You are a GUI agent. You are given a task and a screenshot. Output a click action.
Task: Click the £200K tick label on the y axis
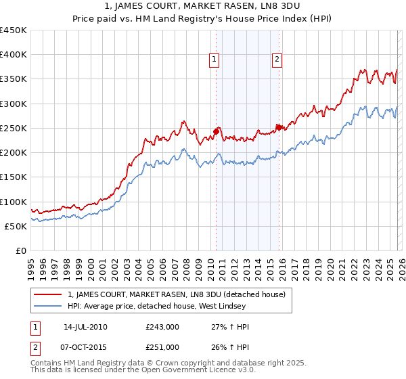point(14,153)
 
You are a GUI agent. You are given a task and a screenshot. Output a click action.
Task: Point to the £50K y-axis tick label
point(16,226)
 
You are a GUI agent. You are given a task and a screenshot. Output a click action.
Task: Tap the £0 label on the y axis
point(22,250)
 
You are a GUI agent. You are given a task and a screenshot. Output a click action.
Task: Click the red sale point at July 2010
point(217,131)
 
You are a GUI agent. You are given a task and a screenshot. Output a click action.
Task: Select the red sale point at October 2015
point(279,127)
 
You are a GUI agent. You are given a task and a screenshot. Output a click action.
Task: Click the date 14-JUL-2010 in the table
point(85,327)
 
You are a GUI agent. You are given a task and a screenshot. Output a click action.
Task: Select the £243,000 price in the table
point(162,327)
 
